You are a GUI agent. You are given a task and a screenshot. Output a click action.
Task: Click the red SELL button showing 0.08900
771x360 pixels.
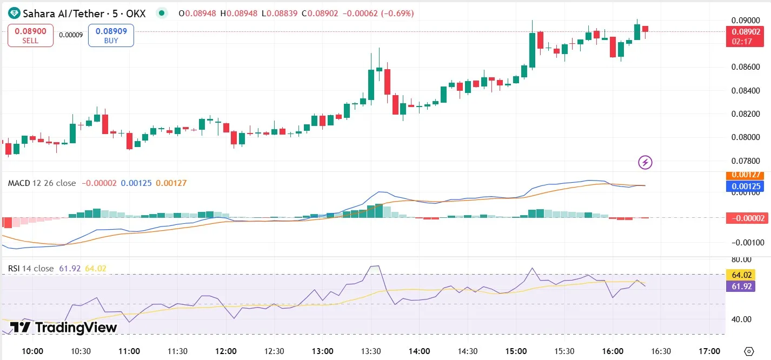pos(30,36)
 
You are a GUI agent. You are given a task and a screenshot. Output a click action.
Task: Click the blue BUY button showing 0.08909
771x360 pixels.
pos(111,36)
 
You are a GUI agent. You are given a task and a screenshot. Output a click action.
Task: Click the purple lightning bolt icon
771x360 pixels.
pos(645,162)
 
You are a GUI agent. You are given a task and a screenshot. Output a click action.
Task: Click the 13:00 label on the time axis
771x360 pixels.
pos(322,351)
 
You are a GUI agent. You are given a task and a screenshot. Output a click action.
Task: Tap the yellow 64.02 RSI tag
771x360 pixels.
pos(740,275)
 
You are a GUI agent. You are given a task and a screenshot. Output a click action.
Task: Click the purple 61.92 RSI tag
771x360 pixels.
pos(740,286)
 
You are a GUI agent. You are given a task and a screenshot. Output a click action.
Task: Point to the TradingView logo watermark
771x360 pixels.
pos(64,327)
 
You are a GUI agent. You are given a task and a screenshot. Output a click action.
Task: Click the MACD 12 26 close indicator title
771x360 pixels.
pos(42,183)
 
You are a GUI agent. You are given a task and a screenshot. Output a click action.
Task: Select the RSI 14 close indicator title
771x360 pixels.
pos(31,269)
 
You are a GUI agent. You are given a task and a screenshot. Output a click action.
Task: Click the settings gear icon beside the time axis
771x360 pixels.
pos(749,351)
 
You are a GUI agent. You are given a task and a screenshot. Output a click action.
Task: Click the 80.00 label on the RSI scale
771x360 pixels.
pos(742,260)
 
